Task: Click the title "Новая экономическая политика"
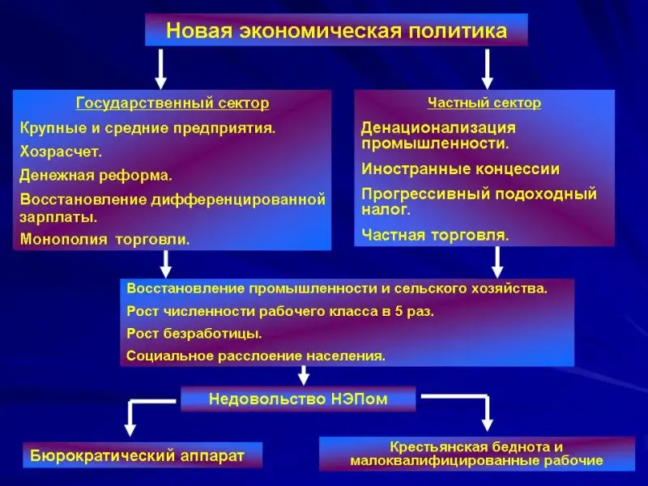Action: [x=336, y=31]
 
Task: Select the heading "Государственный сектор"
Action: [x=173, y=104]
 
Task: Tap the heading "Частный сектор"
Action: [x=484, y=103]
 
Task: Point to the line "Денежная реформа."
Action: [x=96, y=174]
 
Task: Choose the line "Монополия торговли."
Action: [x=105, y=239]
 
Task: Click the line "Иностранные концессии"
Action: [x=460, y=169]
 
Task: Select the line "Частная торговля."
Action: [x=435, y=235]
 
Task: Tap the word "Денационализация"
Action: [x=438, y=128]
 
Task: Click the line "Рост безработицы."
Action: [x=194, y=333]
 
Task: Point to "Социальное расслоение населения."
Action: [x=256, y=355]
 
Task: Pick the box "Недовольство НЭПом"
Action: [x=298, y=399]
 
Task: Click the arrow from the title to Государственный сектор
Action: [x=161, y=68]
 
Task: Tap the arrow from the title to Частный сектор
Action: [x=487, y=68]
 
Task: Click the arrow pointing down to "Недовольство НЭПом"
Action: [x=304, y=376]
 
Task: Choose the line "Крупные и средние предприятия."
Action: [x=147, y=128]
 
